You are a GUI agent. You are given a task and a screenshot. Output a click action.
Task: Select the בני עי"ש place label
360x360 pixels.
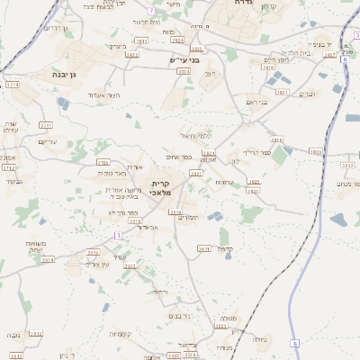(183, 60)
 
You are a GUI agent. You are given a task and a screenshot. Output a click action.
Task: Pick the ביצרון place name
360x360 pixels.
(118, 46)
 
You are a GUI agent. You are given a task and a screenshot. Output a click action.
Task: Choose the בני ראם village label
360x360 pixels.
(257, 102)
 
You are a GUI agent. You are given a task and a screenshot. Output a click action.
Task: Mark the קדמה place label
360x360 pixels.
(225, 248)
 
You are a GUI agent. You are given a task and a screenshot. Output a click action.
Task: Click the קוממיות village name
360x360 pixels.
(121, 334)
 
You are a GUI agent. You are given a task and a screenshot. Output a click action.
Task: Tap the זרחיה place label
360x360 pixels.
(159, 292)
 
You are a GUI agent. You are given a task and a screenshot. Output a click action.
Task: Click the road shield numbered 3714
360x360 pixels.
(12, 85)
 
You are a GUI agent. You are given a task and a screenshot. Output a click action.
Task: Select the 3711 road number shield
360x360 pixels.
(46, 125)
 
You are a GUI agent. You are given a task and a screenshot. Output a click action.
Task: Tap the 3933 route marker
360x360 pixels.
(316, 152)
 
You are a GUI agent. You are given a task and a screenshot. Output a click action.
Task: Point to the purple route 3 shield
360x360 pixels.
(116, 236)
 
